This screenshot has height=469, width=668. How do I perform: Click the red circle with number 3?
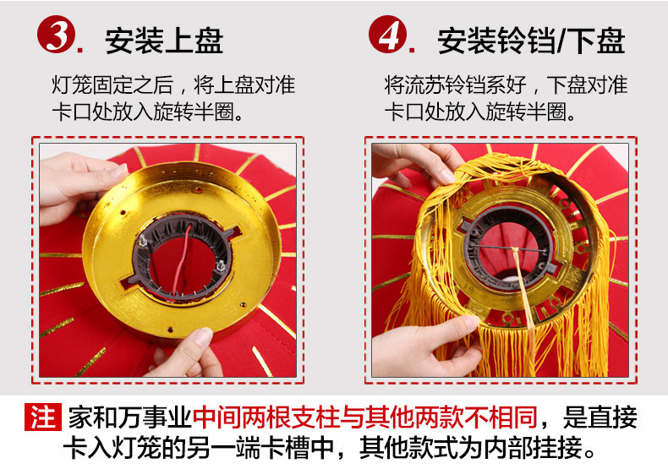57,34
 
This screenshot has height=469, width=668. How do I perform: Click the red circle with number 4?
387,34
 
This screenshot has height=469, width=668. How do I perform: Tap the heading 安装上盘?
164,41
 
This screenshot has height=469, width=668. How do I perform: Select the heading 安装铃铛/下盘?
531,41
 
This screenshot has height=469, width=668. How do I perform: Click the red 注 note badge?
43,417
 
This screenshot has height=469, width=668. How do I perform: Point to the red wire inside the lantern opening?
182,259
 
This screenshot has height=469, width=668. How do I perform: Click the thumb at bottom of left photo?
192,349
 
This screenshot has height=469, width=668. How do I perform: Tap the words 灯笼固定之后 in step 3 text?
112,85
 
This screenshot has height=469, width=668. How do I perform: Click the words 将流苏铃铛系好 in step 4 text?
455,85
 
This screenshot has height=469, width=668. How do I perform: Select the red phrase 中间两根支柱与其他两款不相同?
365,417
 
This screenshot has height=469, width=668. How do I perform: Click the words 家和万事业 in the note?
130,417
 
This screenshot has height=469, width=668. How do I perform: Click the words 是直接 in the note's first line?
600,417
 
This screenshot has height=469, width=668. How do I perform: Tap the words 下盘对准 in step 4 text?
587,85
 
